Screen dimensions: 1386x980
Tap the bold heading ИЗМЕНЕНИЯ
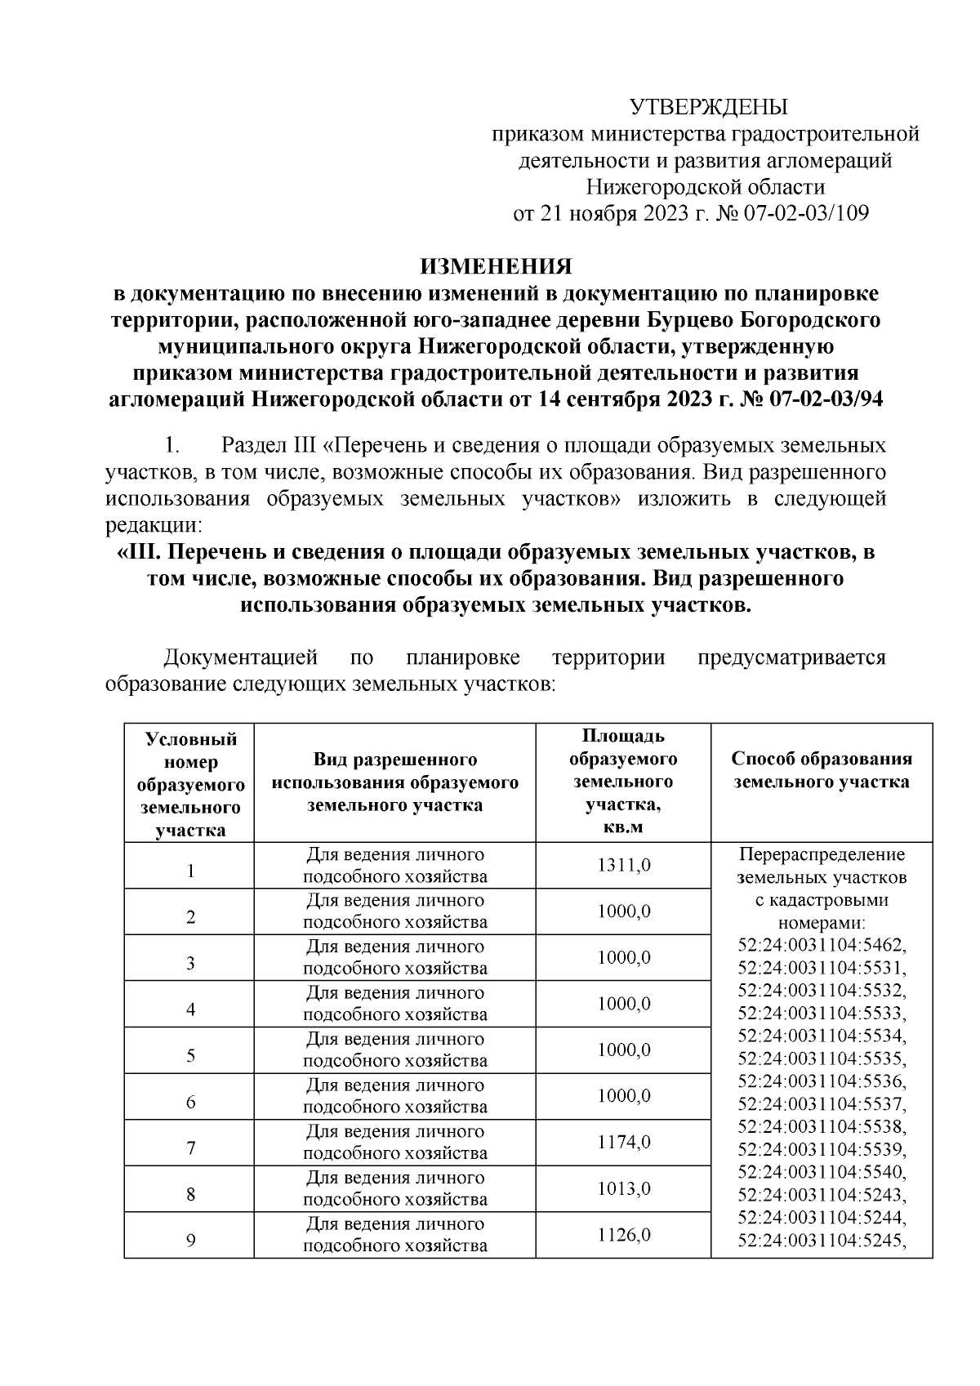point(496,266)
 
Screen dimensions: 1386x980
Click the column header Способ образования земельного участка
point(821,770)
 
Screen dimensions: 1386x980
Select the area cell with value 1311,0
point(623,865)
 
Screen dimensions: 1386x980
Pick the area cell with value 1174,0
point(623,1142)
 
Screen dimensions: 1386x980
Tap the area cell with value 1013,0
point(623,1188)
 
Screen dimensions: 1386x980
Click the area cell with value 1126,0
point(623,1235)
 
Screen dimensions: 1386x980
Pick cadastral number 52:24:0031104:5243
point(822,1194)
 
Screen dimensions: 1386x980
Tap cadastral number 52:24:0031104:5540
point(822,1171)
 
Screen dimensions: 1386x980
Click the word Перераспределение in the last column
point(822,855)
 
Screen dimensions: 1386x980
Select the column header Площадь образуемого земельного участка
point(623,782)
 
